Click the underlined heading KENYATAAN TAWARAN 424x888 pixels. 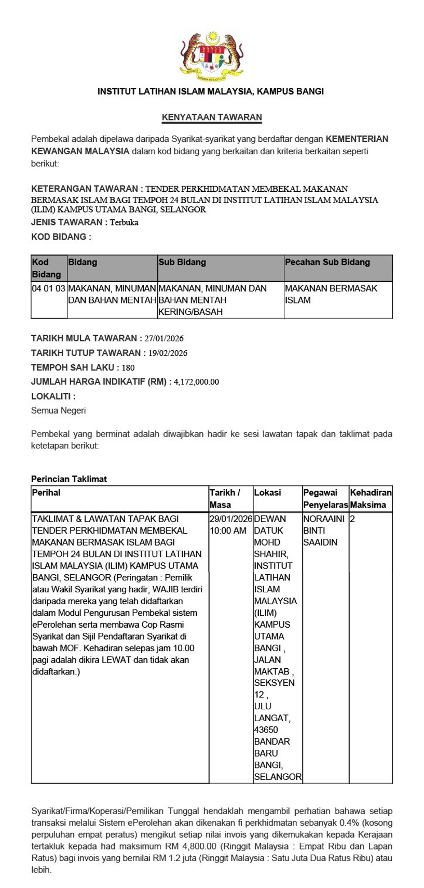(x=212, y=117)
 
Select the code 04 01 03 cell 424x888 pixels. (x=49, y=288)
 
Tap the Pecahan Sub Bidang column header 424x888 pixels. (x=327, y=262)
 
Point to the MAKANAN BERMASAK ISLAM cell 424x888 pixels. (x=331, y=294)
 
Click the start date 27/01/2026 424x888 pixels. (x=164, y=339)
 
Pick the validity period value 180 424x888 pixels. (x=128, y=368)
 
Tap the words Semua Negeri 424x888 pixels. (x=59, y=411)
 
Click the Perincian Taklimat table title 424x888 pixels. (x=69, y=479)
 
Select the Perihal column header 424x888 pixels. (x=46, y=493)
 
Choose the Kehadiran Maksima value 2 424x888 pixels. (x=353, y=519)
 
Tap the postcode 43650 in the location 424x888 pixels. (x=266, y=730)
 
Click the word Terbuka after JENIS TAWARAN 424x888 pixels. (x=124, y=222)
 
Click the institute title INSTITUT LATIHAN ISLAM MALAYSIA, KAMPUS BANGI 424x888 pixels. (x=211, y=91)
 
